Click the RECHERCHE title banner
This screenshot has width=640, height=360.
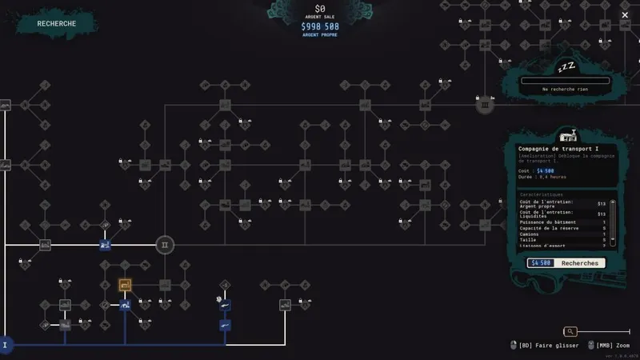56,23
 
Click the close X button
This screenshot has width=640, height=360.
625,15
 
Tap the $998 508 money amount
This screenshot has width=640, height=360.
319,26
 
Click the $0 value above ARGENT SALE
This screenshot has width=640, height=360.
319,8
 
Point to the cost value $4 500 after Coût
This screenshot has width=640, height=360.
546,170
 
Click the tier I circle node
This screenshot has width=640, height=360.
5,346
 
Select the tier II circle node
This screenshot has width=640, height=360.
164,245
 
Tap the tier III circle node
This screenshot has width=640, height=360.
484,105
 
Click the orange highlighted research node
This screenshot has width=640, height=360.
125,285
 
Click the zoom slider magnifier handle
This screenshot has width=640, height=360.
570,331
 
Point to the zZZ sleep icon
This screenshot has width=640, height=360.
565,65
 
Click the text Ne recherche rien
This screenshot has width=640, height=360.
565,90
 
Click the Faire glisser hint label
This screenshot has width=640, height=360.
549,346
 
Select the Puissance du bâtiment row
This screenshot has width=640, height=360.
548,222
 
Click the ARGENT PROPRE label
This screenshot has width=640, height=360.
319,35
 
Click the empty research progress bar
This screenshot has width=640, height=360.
565,80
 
